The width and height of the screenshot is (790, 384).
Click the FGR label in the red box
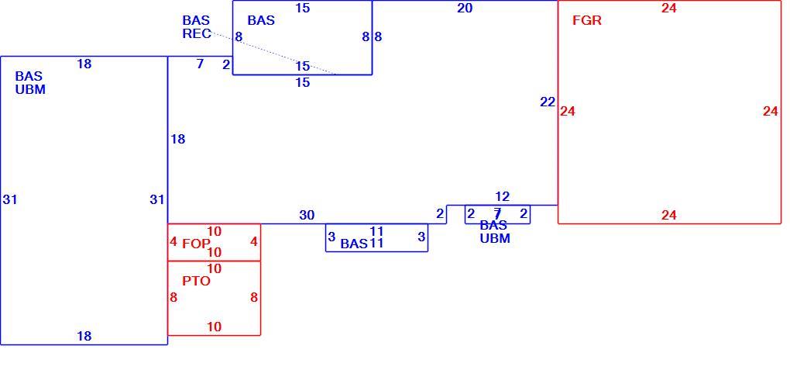coord(587,21)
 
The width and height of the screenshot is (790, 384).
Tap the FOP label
coord(196,244)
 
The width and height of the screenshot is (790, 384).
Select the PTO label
coord(196,281)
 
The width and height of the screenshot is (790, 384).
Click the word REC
coord(197,34)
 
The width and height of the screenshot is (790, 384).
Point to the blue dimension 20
coord(465,8)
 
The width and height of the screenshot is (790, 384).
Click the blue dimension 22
coord(547,102)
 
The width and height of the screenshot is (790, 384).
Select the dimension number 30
coord(307,216)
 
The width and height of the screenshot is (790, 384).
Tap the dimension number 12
coord(502,197)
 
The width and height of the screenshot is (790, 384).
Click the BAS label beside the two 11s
coord(354,244)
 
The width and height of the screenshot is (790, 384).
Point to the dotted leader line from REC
coord(273,54)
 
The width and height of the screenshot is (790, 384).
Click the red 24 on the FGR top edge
coord(668,8)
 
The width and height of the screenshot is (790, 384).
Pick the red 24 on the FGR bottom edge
coord(668,216)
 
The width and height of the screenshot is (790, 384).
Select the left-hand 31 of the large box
coord(9,200)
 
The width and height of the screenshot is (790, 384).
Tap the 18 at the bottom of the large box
coord(84,336)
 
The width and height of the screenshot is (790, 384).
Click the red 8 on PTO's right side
coord(254,298)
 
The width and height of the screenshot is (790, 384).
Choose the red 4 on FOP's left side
coord(173,242)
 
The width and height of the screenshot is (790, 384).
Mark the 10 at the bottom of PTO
coord(214,327)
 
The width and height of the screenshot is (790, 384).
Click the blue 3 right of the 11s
coord(421,236)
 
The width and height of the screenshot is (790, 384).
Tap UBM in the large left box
coord(30,90)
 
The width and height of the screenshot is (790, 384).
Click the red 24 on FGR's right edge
coord(771,112)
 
